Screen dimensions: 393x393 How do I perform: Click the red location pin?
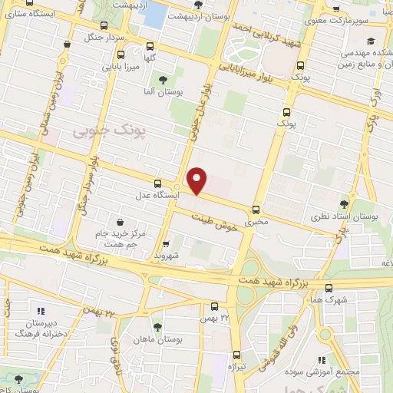(x=197, y=180)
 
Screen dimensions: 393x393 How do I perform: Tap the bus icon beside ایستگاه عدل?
(x=157, y=183)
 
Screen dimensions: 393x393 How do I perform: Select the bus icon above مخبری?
(x=256, y=209)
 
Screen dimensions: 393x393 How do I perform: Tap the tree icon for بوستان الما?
(x=163, y=79)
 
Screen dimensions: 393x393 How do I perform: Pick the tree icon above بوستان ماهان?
(x=157, y=327)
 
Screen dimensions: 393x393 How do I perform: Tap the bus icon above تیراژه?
(x=236, y=355)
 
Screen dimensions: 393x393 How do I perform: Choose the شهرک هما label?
(x=329, y=300)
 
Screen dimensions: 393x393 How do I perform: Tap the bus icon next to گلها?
(x=121, y=54)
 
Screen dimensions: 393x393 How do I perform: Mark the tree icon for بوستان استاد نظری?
(x=343, y=203)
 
